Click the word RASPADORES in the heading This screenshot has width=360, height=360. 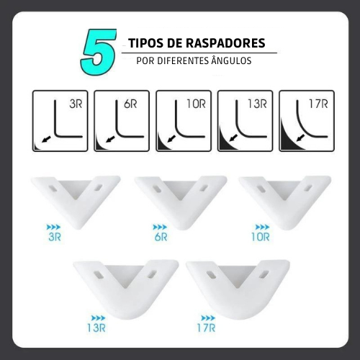[225, 43]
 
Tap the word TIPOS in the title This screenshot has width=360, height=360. [148, 43]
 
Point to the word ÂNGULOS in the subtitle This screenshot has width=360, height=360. [231, 60]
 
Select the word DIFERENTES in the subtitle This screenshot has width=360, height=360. [183, 60]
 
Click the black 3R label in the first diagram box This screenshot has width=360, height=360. [76, 104]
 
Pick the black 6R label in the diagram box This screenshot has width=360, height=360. [130, 104]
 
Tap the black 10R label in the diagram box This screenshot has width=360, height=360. [196, 104]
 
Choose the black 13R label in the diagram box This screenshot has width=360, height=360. [258, 104]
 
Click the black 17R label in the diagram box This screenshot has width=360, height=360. [318, 104]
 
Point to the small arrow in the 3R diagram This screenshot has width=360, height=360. [46, 139]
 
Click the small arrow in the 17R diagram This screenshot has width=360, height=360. [300, 138]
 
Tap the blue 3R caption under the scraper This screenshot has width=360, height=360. [55, 237]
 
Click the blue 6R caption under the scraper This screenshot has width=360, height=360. [161, 237]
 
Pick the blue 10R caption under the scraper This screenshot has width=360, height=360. [261, 237]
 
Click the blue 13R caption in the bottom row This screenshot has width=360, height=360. [96, 328]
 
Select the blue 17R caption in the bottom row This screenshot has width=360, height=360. [206, 328]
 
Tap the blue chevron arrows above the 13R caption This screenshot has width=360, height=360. [98, 318]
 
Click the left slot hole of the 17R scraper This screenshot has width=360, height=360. [212, 275]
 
